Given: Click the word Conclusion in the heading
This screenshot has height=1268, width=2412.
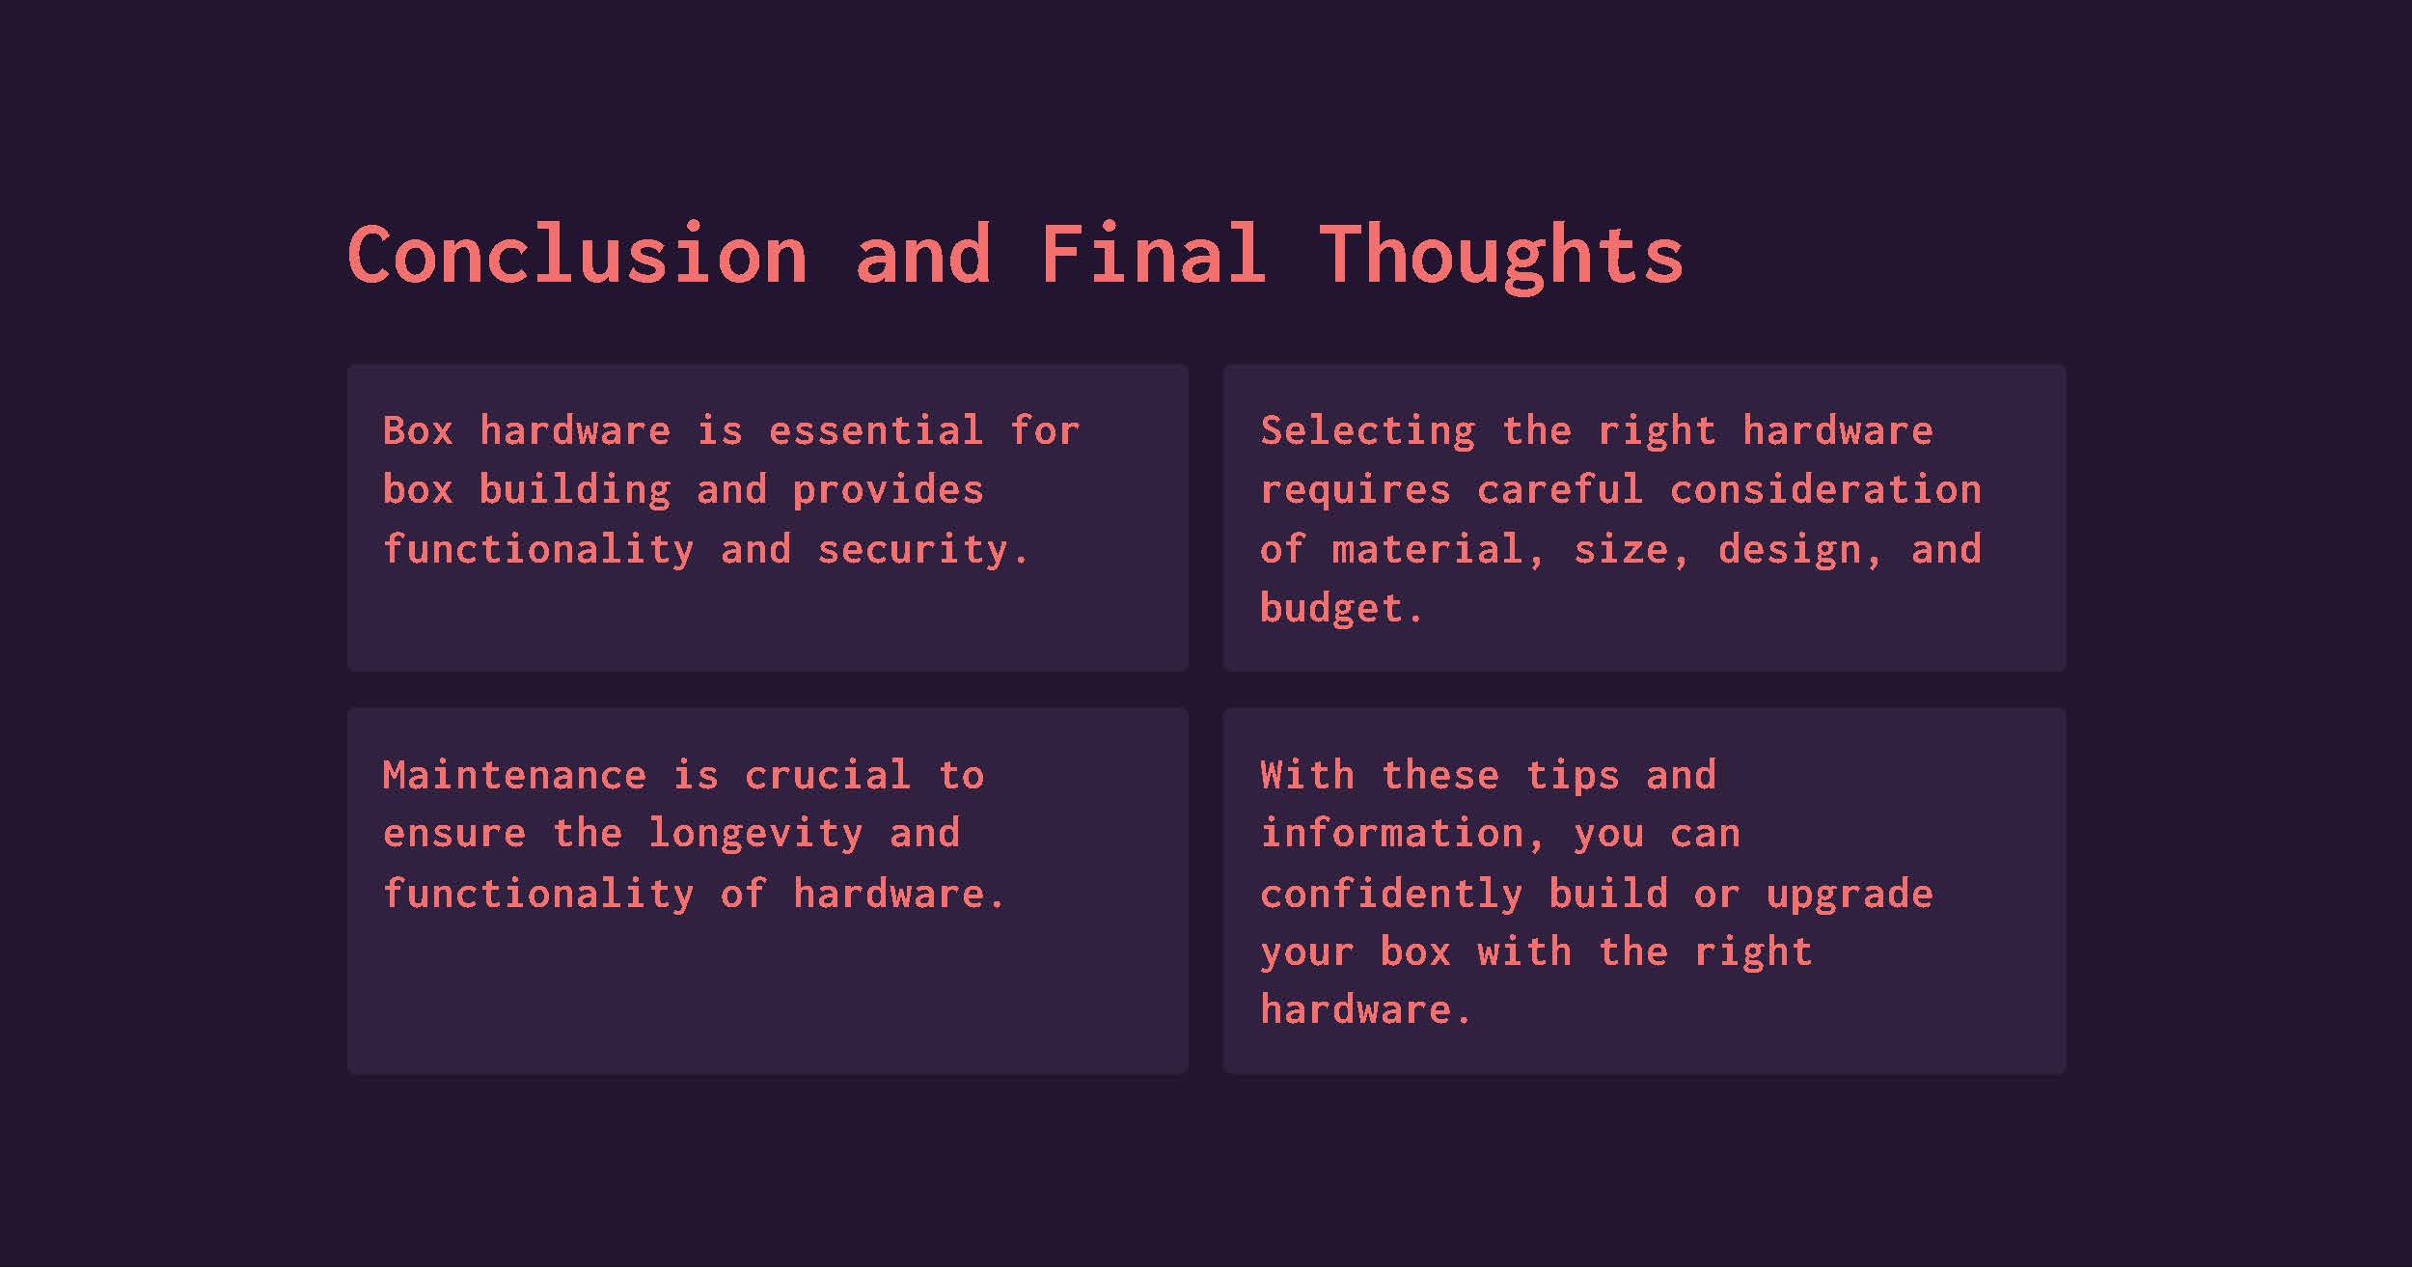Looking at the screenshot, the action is click(577, 254).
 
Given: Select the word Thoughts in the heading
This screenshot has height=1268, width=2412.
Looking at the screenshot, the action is click(1501, 256).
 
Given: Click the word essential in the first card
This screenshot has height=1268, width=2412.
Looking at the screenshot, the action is click(876, 430).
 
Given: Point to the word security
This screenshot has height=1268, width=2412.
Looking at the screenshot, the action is click(923, 550).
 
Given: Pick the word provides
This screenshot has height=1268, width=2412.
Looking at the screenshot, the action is click(888, 490).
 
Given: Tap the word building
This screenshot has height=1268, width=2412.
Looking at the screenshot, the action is click(575, 490).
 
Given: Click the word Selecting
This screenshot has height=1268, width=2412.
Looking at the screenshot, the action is click(1368, 431).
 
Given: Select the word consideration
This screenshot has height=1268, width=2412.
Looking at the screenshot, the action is click(1825, 490).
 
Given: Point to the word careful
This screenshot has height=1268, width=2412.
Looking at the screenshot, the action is click(1560, 490).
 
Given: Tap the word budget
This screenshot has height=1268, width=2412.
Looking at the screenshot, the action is click(1341, 609).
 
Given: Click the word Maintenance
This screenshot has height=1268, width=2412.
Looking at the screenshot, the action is click(514, 776).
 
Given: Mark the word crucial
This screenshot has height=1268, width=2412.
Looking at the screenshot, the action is click(828, 776).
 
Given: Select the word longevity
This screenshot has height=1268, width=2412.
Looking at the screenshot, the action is click(755, 834).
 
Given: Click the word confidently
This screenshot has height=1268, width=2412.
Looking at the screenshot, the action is click(1391, 894).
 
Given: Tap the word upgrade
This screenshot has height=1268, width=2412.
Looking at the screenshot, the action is click(1850, 895).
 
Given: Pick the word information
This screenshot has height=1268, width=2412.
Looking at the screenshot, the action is click(1404, 834).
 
